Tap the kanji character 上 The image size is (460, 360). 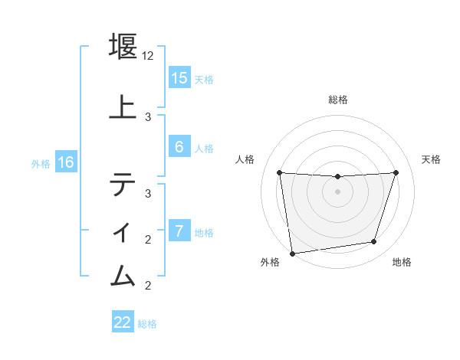(x=123, y=106)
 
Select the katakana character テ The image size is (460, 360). (x=123, y=185)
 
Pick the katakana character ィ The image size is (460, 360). (x=123, y=229)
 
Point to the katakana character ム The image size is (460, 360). (x=123, y=274)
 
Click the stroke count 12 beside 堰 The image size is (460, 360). (x=149, y=56)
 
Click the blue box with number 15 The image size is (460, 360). (x=179, y=78)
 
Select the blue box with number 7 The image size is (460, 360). (x=179, y=231)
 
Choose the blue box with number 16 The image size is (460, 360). (x=65, y=162)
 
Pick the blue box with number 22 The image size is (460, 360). (x=123, y=322)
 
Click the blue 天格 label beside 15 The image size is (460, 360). (x=204, y=79)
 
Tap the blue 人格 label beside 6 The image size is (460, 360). (x=204, y=149)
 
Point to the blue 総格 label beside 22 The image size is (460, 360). (x=147, y=323)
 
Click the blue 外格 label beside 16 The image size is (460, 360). (x=40, y=163)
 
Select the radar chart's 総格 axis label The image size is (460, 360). (x=337, y=100)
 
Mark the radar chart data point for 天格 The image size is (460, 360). (x=396, y=172)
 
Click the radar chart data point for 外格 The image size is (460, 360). (x=292, y=253)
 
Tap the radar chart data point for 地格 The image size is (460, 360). (x=374, y=242)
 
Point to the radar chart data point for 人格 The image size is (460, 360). (x=279, y=172)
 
